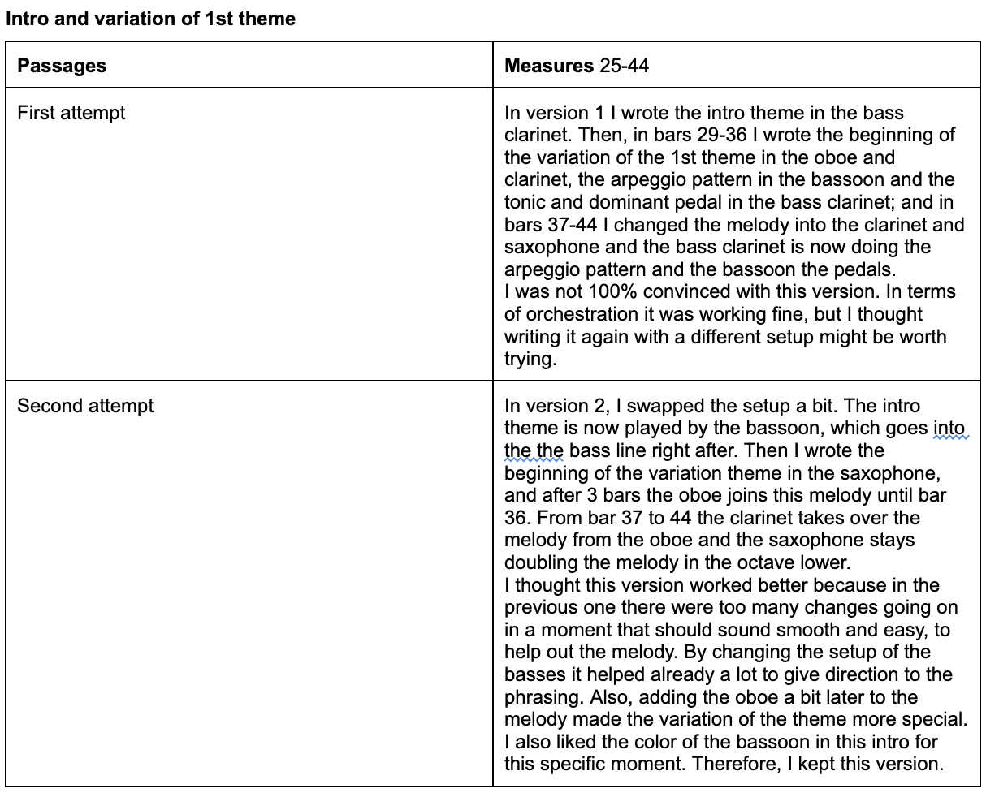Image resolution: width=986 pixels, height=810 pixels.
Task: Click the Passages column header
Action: tap(62, 66)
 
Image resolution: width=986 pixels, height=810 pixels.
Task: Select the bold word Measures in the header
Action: tap(549, 66)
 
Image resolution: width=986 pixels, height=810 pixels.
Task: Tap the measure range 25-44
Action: tap(625, 66)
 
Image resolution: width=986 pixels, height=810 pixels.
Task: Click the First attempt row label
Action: tap(71, 112)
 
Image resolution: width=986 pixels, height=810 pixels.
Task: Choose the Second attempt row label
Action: tap(85, 405)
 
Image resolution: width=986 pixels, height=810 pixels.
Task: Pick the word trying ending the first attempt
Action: tap(530, 359)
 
